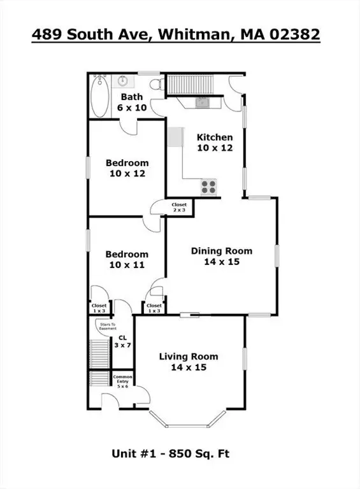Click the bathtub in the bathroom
click(x=100, y=96)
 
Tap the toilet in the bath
click(x=157, y=84)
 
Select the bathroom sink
click(x=122, y=81)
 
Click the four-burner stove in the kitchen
click(x=209, y=187)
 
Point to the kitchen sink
click(x=203, y=103)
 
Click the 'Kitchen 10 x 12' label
click(x=215, y=143)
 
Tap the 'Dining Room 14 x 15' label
click(x=222, y=256)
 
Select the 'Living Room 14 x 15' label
click(x=189, y=362)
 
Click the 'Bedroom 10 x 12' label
click(x=127, y=168)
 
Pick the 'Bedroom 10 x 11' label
click(x=127, y=260)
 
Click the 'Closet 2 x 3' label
click(x=179, y=208)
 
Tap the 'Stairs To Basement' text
click(x=108, y=326)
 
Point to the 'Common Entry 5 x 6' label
click(x=122, y=381)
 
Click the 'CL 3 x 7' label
click(x=122, y=341)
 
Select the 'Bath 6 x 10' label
click(x=132, y=103)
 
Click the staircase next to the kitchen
click(x=191, y=85)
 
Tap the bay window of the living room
click(x=187, y=420)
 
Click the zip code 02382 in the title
click(x=294, y=34)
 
